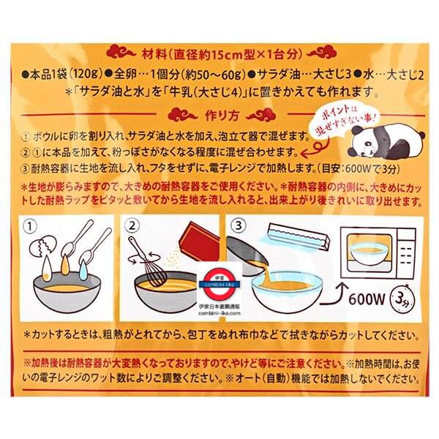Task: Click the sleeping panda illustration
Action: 386,140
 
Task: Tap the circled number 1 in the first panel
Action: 30,226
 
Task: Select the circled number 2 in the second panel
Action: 132,225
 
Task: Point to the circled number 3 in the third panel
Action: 239,225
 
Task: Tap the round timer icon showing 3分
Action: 403,299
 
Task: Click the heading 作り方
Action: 222,116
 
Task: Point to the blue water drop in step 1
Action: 83,270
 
